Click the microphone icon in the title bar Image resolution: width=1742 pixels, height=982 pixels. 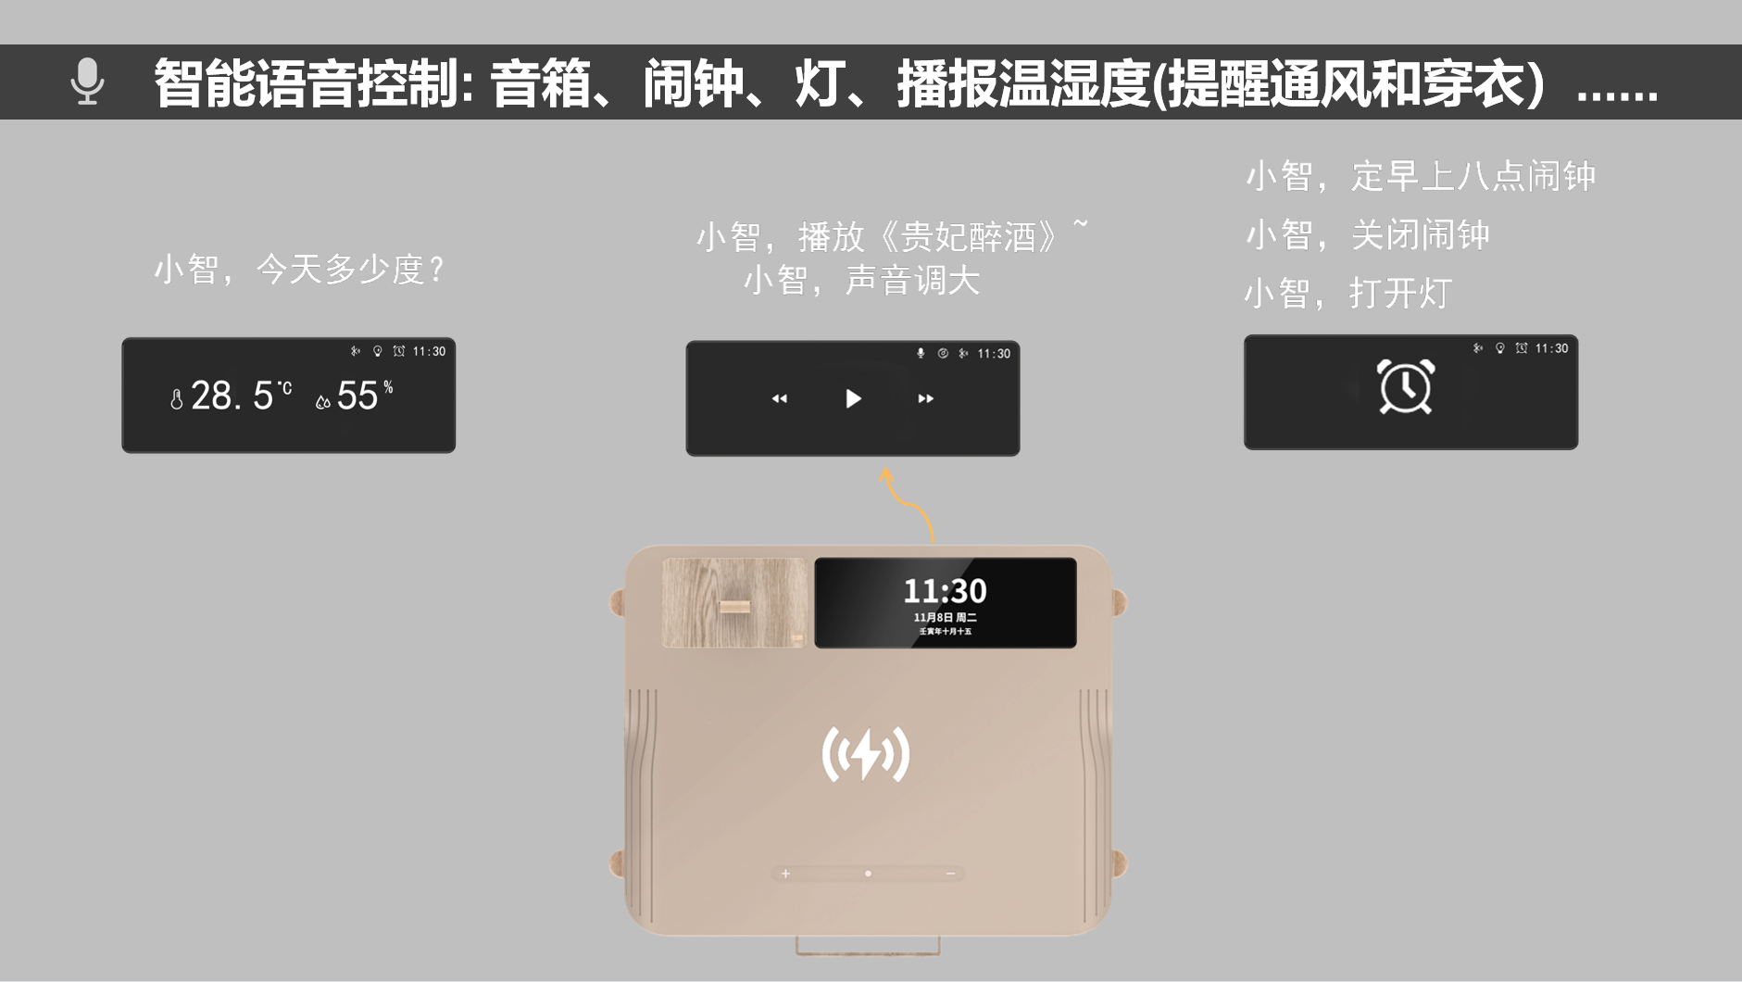tap(87, 82)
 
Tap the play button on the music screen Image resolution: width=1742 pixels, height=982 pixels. tap(853, 398)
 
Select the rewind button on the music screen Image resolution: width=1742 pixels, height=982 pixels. tap(780, 398)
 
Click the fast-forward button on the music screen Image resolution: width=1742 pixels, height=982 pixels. tap(925, 398)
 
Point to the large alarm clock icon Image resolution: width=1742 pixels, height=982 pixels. tap(1406, 386)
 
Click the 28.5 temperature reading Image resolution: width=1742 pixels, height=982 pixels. tap(232, 396)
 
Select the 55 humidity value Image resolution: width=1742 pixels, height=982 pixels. tap(357, 396)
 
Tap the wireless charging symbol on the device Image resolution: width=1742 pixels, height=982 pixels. tap(866, 754)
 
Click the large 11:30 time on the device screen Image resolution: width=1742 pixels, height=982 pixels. tap(945, 590)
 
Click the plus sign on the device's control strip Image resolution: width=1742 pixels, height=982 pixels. tap(785, 874)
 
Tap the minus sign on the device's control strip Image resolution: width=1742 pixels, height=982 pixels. tap(950, 874)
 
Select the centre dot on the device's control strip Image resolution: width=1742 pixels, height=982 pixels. tap(868, 874)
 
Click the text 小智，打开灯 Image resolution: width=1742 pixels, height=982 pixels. tap(1347, 294)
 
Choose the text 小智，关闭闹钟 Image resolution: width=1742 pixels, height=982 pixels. tap(1367, 235)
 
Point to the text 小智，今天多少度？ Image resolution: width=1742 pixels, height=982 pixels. tap(299, 270)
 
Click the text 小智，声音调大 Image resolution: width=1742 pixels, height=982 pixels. tap(861, 280)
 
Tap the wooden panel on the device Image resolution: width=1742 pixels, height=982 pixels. tap(733, 602)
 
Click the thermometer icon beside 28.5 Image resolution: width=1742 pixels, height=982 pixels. tap(176, 399)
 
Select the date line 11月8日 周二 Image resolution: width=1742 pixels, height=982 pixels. tap(945, 617)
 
